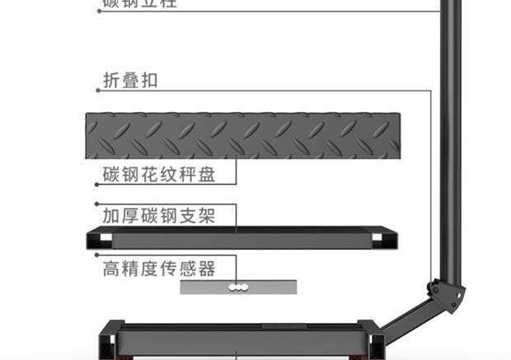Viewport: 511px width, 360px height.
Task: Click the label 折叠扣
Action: tap(130, 81)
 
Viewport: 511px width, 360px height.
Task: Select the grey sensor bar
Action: tap(239, 287)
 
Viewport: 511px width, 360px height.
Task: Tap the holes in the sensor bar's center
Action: tap(239, 288)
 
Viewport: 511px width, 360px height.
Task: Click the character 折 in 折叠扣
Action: tap(111, 81)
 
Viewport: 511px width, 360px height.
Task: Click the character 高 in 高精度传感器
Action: tap(111, 269)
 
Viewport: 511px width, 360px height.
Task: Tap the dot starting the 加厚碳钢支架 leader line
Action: tap(97, 204)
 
